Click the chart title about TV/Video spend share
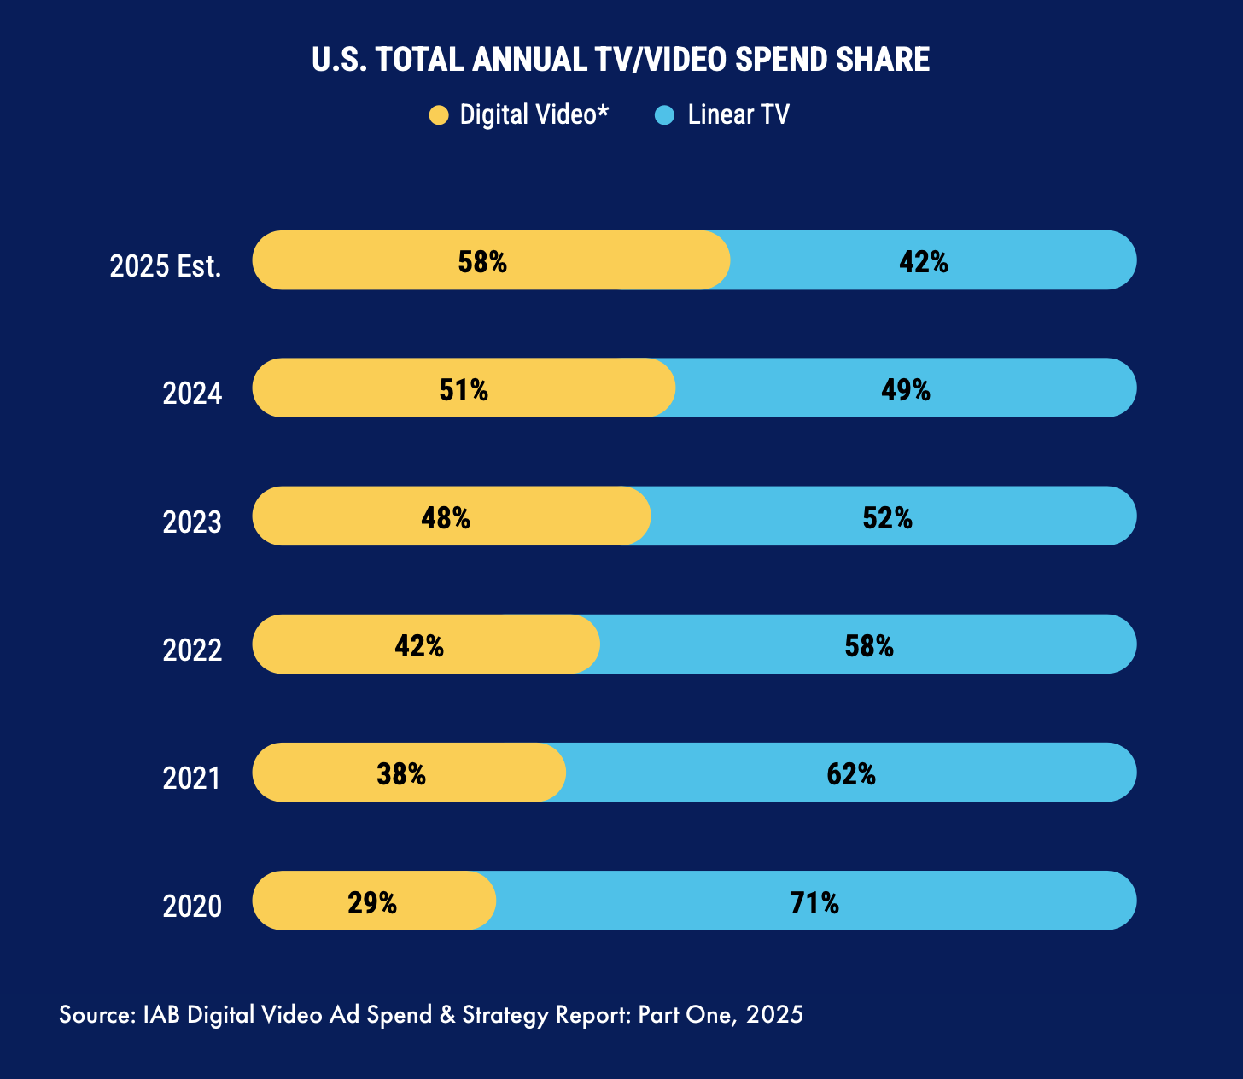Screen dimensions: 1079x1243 coord(621,60)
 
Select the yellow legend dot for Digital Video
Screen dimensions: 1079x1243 coord(439,115)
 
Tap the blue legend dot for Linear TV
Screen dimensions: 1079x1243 coord(665,115)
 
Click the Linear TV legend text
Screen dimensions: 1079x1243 coord(738,115)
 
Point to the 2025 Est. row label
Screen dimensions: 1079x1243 coord(166,266)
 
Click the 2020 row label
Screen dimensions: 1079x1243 coord(192,906)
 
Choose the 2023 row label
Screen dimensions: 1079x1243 coord(192,522)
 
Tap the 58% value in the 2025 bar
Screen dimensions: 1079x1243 coord(482,262)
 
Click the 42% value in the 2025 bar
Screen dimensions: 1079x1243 coord(924,262)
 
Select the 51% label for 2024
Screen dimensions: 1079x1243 coord(464,390)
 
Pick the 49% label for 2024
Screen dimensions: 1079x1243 coord(906,390)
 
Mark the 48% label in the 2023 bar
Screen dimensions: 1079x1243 coord(446,518)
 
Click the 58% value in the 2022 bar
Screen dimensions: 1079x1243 coord(869,646)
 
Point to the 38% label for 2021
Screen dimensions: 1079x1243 coord(401,774)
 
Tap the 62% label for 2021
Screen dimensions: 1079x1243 coord(851,774)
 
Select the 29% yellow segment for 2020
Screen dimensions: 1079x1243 coord(372,901)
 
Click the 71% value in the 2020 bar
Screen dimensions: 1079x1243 coord(814,902)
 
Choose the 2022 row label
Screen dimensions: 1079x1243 coord(192,650)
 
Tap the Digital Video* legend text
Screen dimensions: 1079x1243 coord(534,115)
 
